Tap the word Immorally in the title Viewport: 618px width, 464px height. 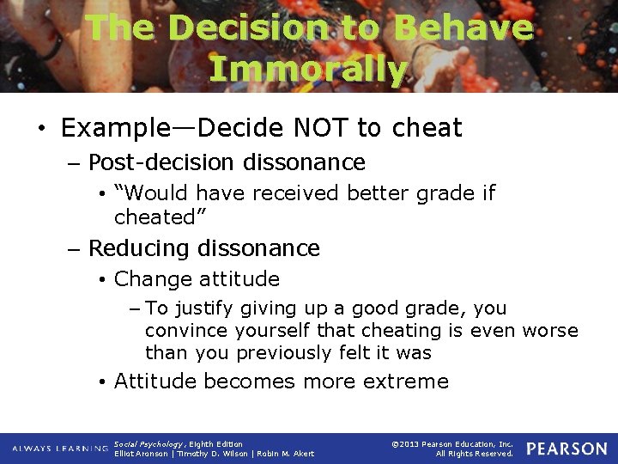[308, 69]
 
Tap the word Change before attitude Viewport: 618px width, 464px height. [153, 278]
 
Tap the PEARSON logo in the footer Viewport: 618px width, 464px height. [566, 449]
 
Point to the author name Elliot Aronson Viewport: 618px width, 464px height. [142, 454]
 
